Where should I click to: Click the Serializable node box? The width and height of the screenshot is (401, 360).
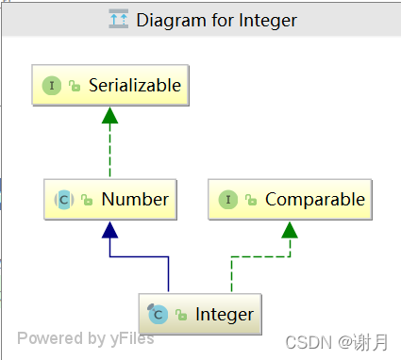(110, 86)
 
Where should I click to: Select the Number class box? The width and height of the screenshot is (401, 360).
(110, 199)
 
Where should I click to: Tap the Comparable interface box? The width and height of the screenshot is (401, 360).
(290, 199)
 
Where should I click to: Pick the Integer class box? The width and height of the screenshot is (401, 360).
(198, 313)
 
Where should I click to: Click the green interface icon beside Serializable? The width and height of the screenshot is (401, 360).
(51, 86)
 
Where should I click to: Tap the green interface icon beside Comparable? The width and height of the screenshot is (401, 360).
(227, 199)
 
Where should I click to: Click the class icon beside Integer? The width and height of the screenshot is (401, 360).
(158, 313)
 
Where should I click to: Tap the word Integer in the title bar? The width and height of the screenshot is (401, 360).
(269, 19)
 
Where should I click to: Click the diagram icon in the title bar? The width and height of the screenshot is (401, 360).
(118, 19)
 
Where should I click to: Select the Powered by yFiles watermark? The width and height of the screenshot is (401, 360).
(85, 338)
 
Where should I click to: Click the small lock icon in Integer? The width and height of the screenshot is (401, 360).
(181, 314)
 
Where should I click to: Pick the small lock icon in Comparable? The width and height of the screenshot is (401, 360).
(251, 200)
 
